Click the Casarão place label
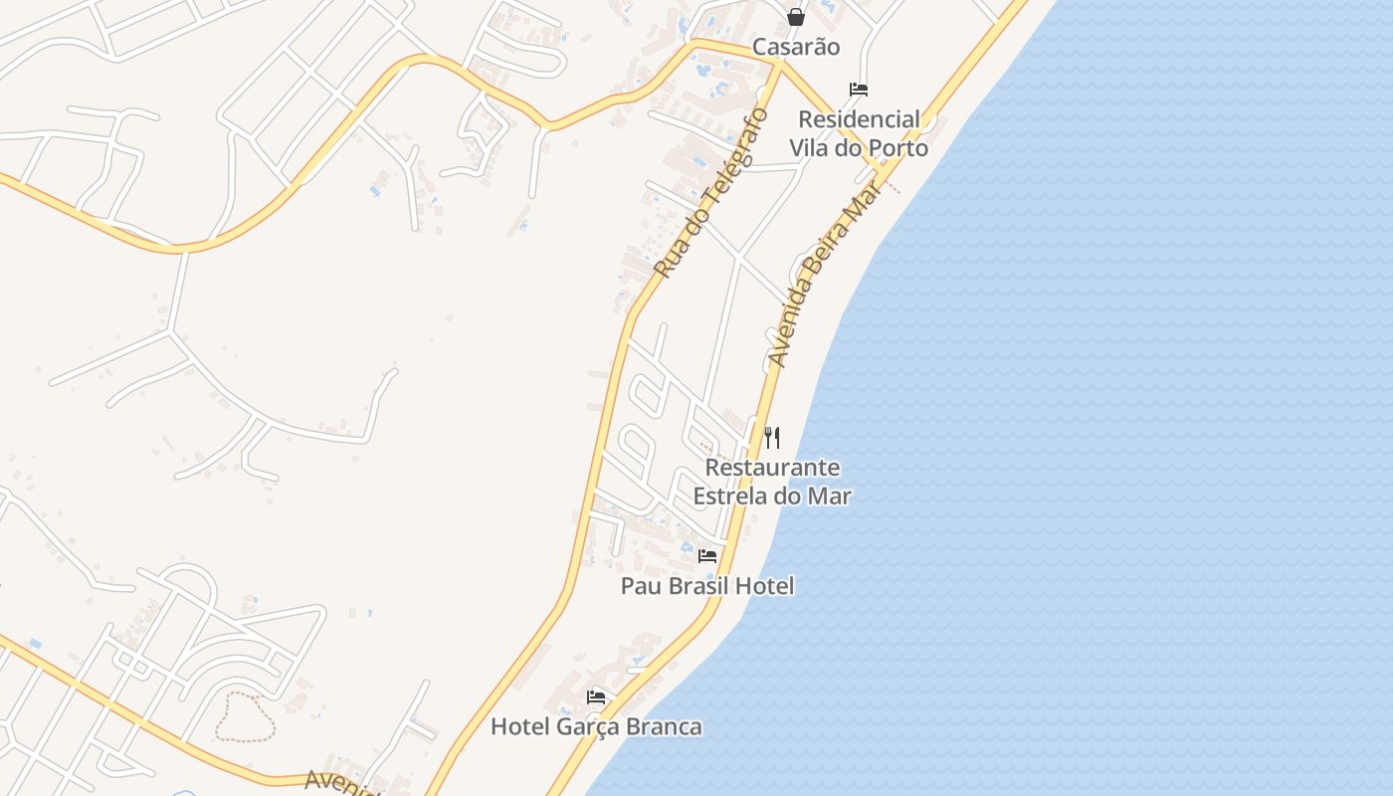click(x=795, y=47)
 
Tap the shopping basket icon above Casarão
click(x=795, y=16)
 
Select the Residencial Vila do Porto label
click(x=859, y=133)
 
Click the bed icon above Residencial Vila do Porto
click(x=859, y=90)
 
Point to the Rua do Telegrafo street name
click(x=711, y=194)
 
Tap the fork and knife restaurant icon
click(x=772, y=437)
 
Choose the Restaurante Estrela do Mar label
click(x=772, y=482)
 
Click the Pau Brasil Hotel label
click(x=707, y=586)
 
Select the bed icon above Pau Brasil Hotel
click(x=707, y=555)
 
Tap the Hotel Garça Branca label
click(x=596, y=726)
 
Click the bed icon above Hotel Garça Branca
click(x=596, y=696)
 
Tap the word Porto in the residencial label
click(x=896, y=148)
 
